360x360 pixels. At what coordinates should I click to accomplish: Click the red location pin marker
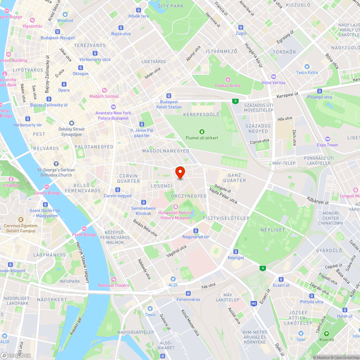180,173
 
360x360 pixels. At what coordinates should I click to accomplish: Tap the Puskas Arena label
228,85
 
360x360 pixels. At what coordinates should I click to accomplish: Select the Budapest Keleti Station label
169,104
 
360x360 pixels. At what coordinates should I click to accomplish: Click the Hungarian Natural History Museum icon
176,206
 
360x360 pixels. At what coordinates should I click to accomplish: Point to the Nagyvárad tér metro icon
196,231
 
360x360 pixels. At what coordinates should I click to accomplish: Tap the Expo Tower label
327,145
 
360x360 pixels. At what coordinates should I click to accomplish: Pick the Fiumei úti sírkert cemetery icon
202,132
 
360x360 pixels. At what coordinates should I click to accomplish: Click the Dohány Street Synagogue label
71,132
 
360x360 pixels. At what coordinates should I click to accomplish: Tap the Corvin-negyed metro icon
118,190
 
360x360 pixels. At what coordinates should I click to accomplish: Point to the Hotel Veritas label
273,82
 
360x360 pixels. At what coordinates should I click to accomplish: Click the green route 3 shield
235,101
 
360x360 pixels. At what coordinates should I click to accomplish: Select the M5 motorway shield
254,303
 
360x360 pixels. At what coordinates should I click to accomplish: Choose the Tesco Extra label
307,72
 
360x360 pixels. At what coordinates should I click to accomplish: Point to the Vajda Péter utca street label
223,195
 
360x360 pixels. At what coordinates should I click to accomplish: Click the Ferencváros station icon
188,293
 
